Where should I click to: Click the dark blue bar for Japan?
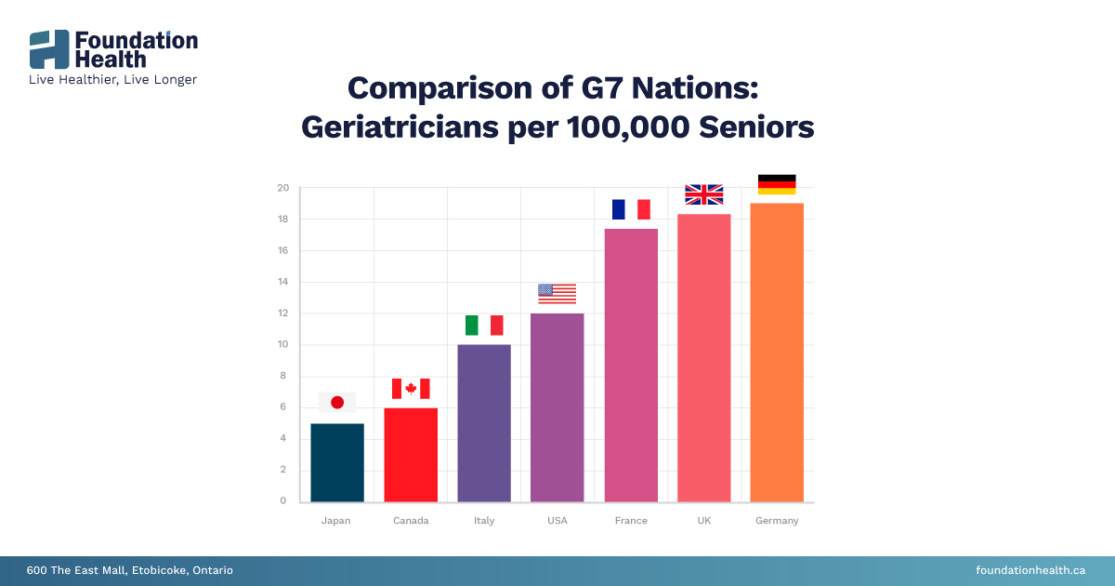coord(337,462)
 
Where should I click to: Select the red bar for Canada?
coord(411,455)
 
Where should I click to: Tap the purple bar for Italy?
coord(484,423)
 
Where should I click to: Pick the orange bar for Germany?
coord(777,353)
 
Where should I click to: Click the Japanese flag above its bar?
coord(337,402)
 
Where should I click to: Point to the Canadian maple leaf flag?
coord(411,389)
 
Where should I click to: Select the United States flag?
coord(557,294)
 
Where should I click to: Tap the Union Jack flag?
coord(703,194)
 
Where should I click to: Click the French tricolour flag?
coord(631,209)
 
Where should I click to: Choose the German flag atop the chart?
coord(777,184)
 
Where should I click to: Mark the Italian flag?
coord(484,326)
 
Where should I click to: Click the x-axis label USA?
coord(557,521)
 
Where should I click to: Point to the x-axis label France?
coord(631,521)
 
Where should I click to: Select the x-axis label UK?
coord(703,521)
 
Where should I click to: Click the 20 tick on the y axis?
coord(282,189)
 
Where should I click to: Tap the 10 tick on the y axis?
coord(282,345)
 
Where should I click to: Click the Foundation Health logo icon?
coord(49,49)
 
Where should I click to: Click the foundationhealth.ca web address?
coord(1030,570)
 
